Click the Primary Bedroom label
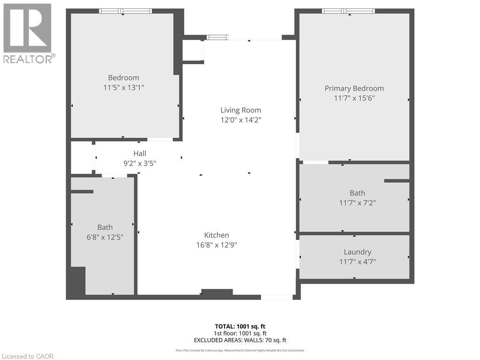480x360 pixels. [354, 88]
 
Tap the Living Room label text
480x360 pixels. [240, 110]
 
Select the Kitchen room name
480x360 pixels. [217, 235]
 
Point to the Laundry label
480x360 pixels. [357, 252]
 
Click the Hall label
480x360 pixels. [140, 153]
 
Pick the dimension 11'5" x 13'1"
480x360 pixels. [123, 87]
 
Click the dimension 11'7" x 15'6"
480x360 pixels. [354, 98]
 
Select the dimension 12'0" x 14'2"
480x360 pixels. [240, 120]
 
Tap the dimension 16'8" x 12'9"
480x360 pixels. [217, 245]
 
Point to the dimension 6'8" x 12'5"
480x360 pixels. [105, 237]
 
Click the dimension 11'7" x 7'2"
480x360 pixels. [357, 202]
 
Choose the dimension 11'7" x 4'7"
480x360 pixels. [357, 262]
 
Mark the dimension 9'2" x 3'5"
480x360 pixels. [140, 163]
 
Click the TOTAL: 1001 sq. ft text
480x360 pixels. [240, 326]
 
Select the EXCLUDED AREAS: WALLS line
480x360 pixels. [240, 340]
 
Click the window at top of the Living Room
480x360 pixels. [217, 37]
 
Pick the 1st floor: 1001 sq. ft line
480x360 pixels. [240, 333]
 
